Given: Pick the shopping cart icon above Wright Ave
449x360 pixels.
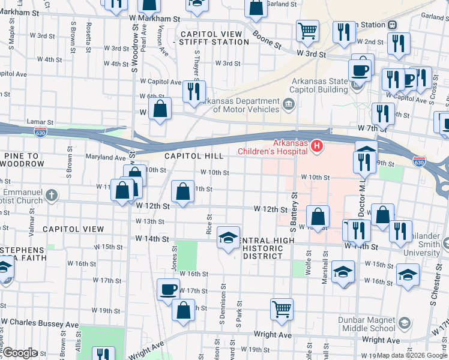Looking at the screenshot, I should point(282,309).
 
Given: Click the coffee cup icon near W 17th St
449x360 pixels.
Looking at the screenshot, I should point(169,289).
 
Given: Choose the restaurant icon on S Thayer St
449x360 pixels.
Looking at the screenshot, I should point(193,91).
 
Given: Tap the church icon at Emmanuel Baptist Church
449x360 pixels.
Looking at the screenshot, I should point(52,195).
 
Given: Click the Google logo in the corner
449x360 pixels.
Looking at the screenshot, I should point(20,353).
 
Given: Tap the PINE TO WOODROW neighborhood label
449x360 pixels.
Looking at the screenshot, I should point(24,160).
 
